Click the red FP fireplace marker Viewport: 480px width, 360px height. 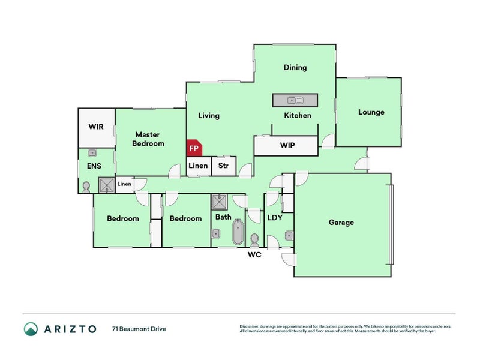pyautogui.click(x=194, y=148)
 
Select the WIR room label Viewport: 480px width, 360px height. pyautogui.click(x=97, y=127)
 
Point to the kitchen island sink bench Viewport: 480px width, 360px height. pyautogui.click(x=295, y=100)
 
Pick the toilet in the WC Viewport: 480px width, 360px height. pyautogui.click(x=254, y=240)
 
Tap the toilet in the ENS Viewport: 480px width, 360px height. pyautogui.click(x=86, y=186)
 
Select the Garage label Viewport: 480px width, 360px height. pyautogui.click(x=341, y=223)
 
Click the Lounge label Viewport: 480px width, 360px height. pyautogui.click(x=371, y=112)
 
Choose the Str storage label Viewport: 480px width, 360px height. pyautogui.click(x=223, y=166)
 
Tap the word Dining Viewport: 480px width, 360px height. pyautogui.click(x=295, y=68)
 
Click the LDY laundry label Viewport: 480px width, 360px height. pyautogui.click(x=274, y=218)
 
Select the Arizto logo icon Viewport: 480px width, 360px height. pyautogui.click(x=31, y=329)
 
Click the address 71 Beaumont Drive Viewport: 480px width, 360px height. pyautogui.click(x=139, y=329)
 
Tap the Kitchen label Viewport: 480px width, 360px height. pyautogui.click(x=298, y=115)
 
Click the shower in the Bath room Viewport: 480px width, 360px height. pyautogui.click(x=218, y=201)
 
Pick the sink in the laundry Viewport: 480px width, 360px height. pyautogui.click(x=289, y=235)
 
